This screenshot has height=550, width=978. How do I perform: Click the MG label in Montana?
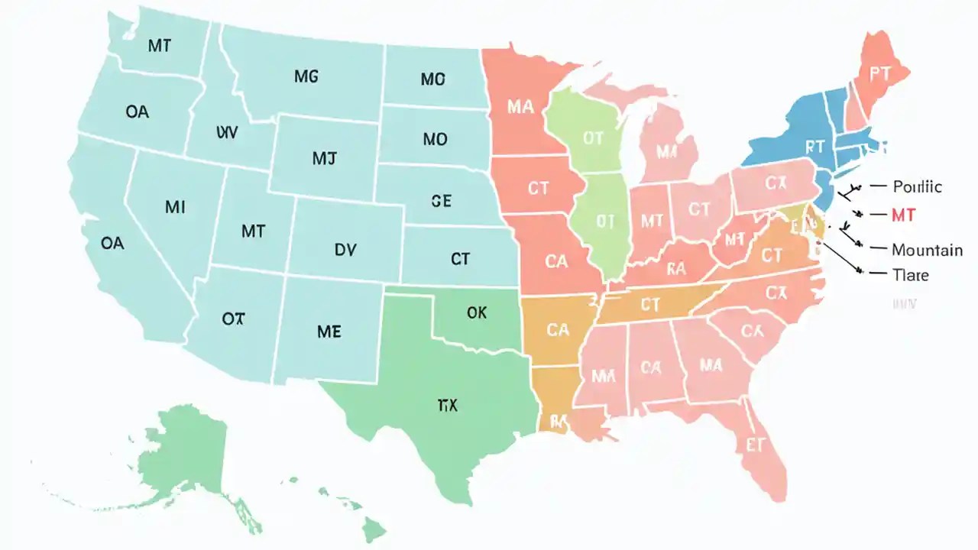tap(306, 76)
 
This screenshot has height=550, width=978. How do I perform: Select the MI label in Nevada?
tap(175, 207)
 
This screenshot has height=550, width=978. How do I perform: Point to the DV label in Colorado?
tap(345, 249)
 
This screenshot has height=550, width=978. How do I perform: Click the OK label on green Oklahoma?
tap(476, 312)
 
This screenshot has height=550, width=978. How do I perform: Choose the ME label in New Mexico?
tap(329, 332)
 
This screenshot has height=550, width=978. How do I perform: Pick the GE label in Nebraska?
tap(441, 201)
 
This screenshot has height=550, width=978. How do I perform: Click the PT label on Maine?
tap(879, 73)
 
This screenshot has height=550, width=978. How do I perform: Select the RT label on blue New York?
tap(814, 145)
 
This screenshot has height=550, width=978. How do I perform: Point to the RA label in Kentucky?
tap(676, 268)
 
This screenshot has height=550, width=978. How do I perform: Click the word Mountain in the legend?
tap(927, 250)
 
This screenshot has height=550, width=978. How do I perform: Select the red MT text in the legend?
tap(903, 216)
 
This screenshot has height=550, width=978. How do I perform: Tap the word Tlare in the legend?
tap(910, 273)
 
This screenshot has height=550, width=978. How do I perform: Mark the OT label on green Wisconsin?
tap(593, 138)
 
